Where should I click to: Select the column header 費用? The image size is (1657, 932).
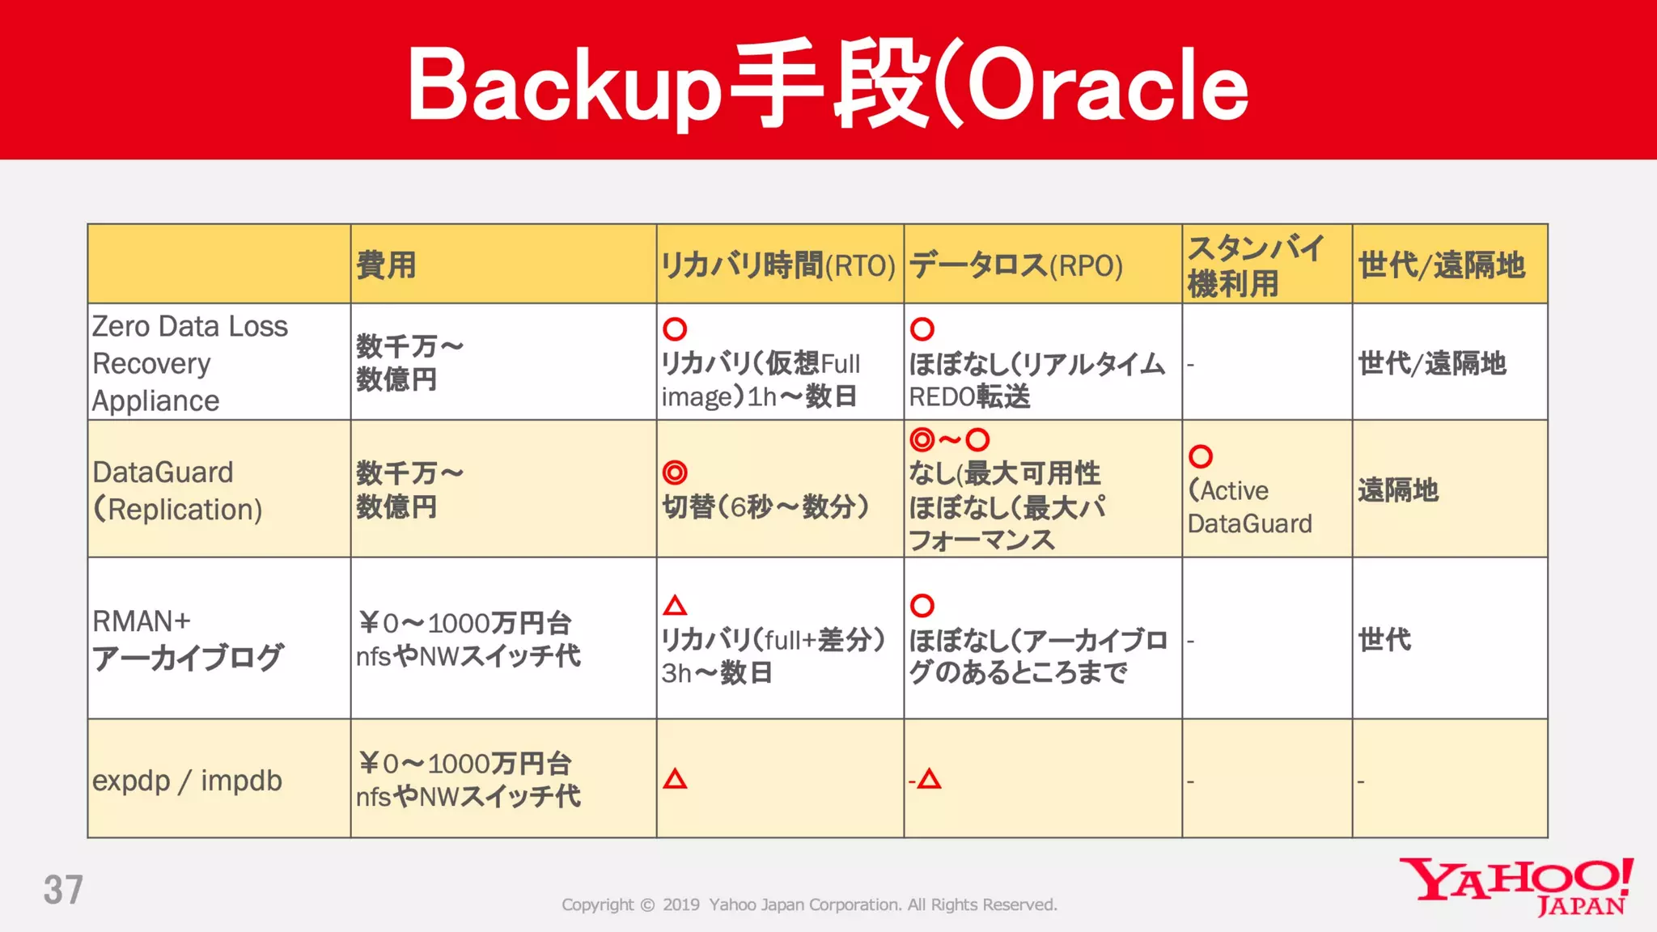(x=386, y=265)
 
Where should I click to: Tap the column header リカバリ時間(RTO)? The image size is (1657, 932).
(x=778, y=265)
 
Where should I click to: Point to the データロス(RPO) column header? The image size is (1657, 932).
(x=1015, y=265)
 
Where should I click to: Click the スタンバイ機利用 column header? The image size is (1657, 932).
(x=1255, y=265)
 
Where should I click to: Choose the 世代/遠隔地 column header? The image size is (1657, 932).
(x=1441, y=265)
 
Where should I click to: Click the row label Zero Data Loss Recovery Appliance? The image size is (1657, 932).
(x=189, y=363)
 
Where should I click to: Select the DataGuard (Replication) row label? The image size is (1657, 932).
(x=177, y=490)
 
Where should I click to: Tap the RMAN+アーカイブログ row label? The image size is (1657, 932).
(x=187, y=639)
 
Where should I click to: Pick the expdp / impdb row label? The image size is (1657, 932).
(x=187, y=781)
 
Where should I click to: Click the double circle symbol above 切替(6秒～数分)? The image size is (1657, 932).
(x=675, y=472)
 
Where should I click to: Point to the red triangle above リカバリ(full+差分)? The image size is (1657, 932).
(x=675, y=605)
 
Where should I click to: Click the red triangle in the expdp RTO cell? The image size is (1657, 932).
(x=675, y=779)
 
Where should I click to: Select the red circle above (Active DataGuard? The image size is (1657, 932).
(x=1201, y=456)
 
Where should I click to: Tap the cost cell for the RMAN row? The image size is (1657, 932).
(x=468, y=639)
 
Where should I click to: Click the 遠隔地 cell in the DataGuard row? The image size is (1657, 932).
(x=1397, y=490)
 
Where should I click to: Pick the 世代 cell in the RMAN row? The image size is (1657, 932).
(x=1384, y=640)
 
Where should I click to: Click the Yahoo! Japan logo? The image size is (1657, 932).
(x=1516, y=887)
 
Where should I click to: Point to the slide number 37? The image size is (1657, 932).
(x=63, y=890)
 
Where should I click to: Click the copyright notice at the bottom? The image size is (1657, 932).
(x=809, y=904)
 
